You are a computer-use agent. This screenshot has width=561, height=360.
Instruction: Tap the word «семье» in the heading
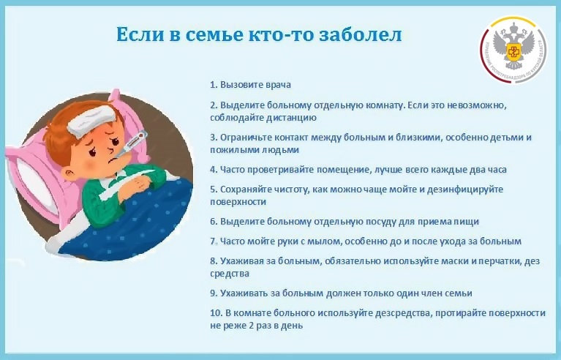pyautogui.click(x=214, y=34)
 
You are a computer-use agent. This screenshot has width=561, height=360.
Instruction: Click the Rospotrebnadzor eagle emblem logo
pyautogui.click(x=513, y=49)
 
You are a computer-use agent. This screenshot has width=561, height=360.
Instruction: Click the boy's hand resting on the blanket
pyautogui.click(x=138, y=184)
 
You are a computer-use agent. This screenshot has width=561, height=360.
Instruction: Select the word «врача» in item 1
pyautogui.click(x=279, y=85)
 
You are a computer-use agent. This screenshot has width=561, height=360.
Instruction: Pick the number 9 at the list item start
pyautogui.click(x=214, y=293)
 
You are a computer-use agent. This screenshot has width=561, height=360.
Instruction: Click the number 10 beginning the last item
pyautogui.click(x=216, y=313)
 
